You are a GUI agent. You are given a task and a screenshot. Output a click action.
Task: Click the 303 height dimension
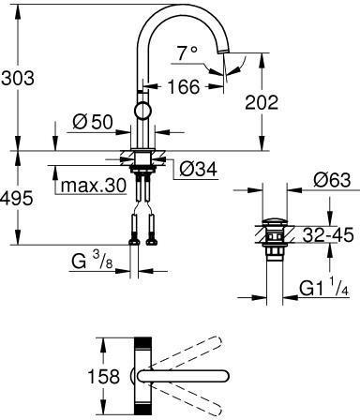(x=18, y=78)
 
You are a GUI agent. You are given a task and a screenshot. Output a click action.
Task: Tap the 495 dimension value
(x=16, y=198)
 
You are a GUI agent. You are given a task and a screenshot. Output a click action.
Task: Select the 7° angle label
(x=187, y=52)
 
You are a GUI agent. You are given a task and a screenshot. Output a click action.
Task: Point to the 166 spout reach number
(x=184, y=86)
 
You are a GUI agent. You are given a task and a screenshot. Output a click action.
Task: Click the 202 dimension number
(x=262, y=102)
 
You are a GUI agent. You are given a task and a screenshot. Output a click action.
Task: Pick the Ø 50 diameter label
(x=92, y=122)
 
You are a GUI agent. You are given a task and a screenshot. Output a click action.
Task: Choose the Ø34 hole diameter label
(x=198, y=170)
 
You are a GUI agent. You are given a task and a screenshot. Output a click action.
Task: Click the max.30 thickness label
(x=94, y=186)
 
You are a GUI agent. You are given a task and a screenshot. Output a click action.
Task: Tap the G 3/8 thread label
(x=92, y=262)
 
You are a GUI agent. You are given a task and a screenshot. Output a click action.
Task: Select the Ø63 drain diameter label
(x=333, y=180)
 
